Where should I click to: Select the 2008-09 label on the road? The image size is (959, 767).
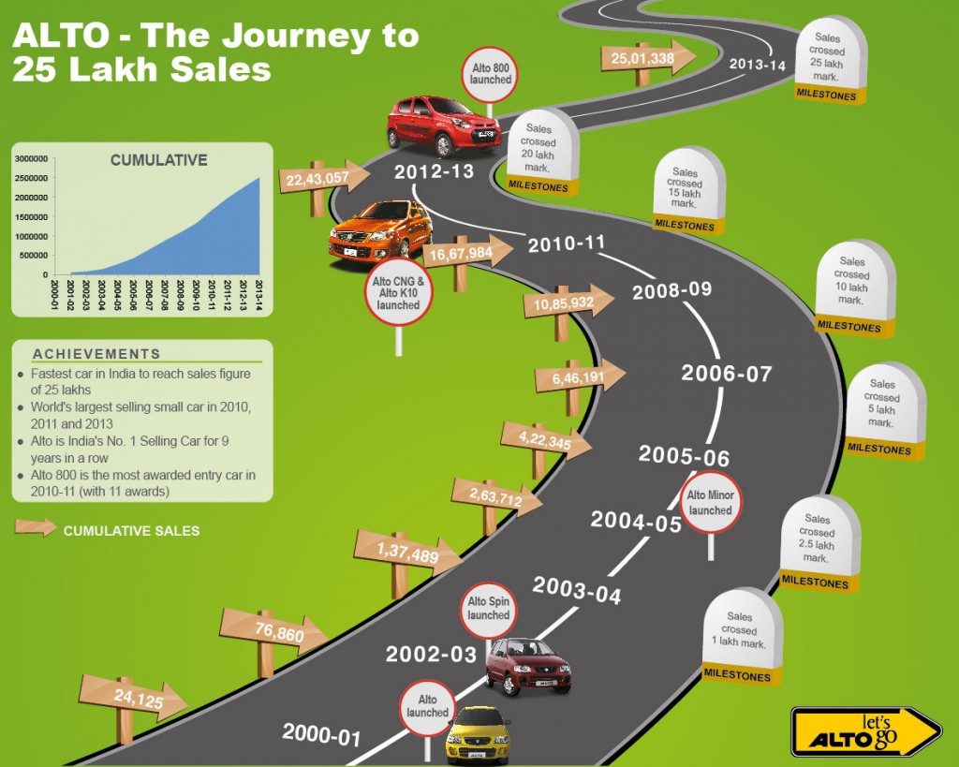coord(671,290)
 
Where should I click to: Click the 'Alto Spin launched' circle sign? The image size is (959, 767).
coord(489,609)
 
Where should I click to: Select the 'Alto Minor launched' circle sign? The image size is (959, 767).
coord(710,503)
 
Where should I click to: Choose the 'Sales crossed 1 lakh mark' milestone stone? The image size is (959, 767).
coord(741,632)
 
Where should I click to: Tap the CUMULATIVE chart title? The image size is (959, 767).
coord(158,160)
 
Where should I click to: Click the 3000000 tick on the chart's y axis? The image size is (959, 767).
coord(32,158)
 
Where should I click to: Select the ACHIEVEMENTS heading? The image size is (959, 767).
coord(96,354)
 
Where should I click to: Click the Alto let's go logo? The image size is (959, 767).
coord(863,731)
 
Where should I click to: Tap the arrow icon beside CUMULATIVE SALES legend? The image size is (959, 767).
coord(35,527)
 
